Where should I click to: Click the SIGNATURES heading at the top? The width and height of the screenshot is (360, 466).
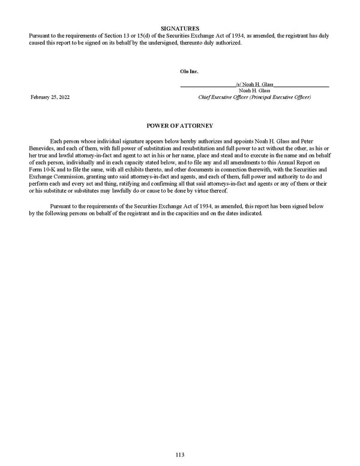click(x=180, y=28)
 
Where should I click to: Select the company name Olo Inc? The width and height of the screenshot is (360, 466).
click(x=189, y=71)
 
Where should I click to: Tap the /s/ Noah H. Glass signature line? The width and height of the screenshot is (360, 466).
click(x=255, y=85)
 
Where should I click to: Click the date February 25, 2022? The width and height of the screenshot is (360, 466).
click(x=50, y=97)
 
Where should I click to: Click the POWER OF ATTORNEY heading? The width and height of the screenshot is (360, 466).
click(x=180, y=125)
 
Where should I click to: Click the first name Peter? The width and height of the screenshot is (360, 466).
click(x=319, y=140)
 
